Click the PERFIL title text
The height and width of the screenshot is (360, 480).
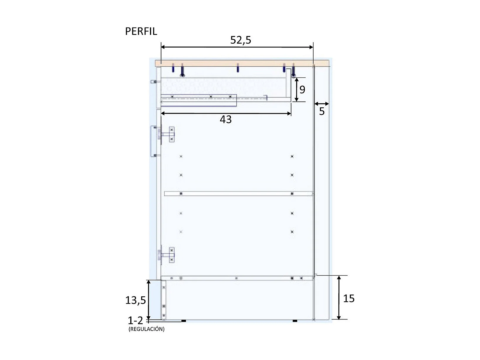(141, 31)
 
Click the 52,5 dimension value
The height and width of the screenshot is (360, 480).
(241, 40)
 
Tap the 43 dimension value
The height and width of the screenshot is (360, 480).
(226, 119)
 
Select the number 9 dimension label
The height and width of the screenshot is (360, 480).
(302, 89)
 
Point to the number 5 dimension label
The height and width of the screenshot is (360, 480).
(322, 111)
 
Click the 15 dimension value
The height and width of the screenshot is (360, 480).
(349, 299)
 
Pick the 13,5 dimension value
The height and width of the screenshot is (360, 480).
(135, 300)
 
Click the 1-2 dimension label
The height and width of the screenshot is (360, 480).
(135, 320)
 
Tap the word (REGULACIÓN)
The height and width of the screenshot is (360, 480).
(146, 329)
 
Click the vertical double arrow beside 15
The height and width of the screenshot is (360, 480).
(339, 298)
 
